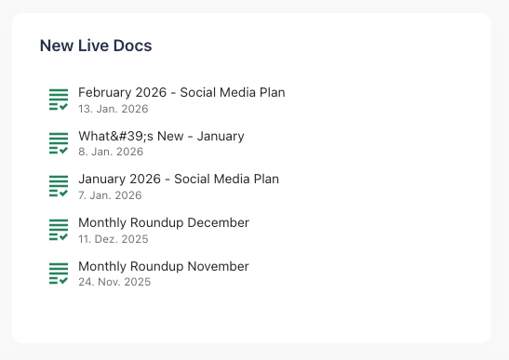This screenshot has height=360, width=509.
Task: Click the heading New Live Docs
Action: pyautogui.click(x=96, y=45)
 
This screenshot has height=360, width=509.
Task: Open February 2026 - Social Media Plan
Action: pyautogui.click(x=181, y=93)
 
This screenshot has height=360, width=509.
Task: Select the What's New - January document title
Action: pyautogui.click(x=161, y=137)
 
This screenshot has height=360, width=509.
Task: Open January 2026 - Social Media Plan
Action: pyautogui.click(x=179, y=180)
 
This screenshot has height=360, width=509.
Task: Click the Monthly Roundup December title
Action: pyautogui.click(x=164, y=223)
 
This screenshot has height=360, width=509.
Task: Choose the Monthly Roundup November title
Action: pyautogui.click(x=164, y=267)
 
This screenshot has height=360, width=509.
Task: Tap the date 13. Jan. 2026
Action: pyautogui.click(x=114, y=109)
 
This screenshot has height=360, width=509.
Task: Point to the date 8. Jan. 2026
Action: pyautogui.click(x=111, y=152)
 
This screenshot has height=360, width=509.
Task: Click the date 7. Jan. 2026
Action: pyautogui.click(x=110, y=195)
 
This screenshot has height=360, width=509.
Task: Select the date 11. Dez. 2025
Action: pyautogui.click(x=114, y=239)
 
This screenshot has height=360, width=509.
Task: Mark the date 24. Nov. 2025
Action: pyautogui.click(x=114, y=282)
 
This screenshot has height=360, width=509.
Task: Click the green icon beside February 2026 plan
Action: pyautogui.click(x=59, y=100)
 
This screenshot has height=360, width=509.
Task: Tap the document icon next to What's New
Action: pyautogui.click(x=59, y=143)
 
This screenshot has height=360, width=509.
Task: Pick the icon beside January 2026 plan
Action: pyautogui.click(x=59, y=187)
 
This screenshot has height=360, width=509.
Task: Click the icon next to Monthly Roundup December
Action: pyautogui.click(x=59, y=231)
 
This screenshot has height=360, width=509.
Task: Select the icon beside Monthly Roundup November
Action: pyautogui.click(x=59, y=273)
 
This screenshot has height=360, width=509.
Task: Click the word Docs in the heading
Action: pyautogui.click(x=134, y=45)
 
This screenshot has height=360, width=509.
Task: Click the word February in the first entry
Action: pyautogui.click(x=105, y=93)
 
